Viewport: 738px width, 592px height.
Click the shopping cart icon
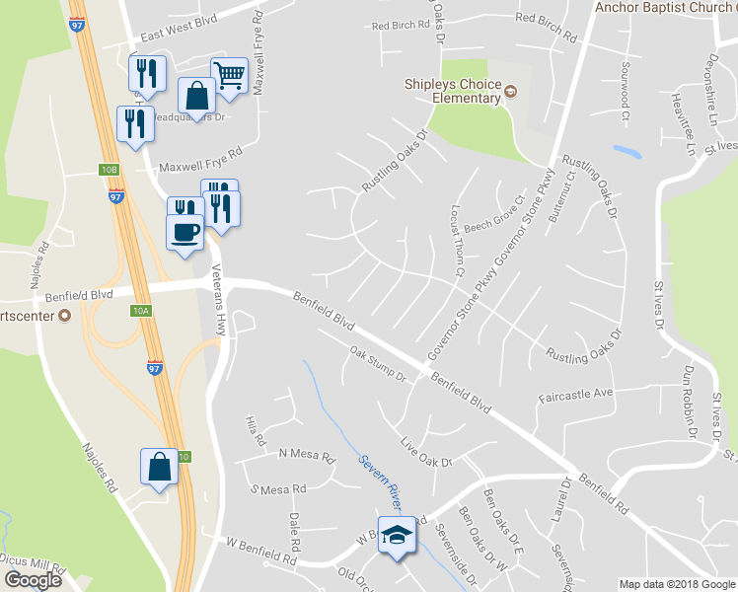(229, 74)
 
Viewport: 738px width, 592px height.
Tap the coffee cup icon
(184, 233)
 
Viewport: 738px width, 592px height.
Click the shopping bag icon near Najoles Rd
(160, 466)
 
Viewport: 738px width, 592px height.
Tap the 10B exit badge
(109, 170)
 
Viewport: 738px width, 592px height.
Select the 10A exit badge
(140, 311)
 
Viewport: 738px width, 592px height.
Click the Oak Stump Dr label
(378, 363)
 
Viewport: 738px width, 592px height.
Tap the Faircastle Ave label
(576, 394)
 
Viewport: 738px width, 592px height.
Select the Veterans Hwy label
(219, 299)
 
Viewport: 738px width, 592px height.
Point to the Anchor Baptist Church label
(664, 8)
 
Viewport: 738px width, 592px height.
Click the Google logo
(33, 579)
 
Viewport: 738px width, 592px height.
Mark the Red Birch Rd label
(400, 25)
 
